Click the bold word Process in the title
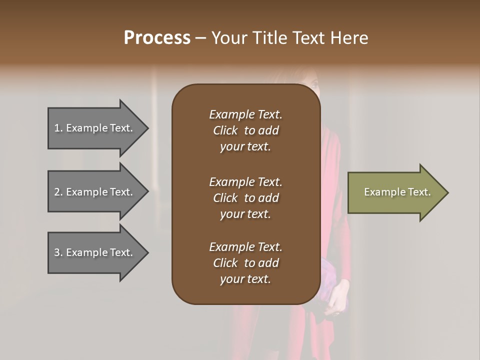click(157, 38)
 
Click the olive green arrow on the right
click(395, 192)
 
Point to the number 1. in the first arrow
click(58, 128)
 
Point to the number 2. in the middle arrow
click(58, 192)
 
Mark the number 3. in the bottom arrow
click(58, 252)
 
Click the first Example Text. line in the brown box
click(245, 114)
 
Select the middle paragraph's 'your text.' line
click(245, 214)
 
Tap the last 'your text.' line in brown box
click(245, 279)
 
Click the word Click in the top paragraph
click(225, 130)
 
